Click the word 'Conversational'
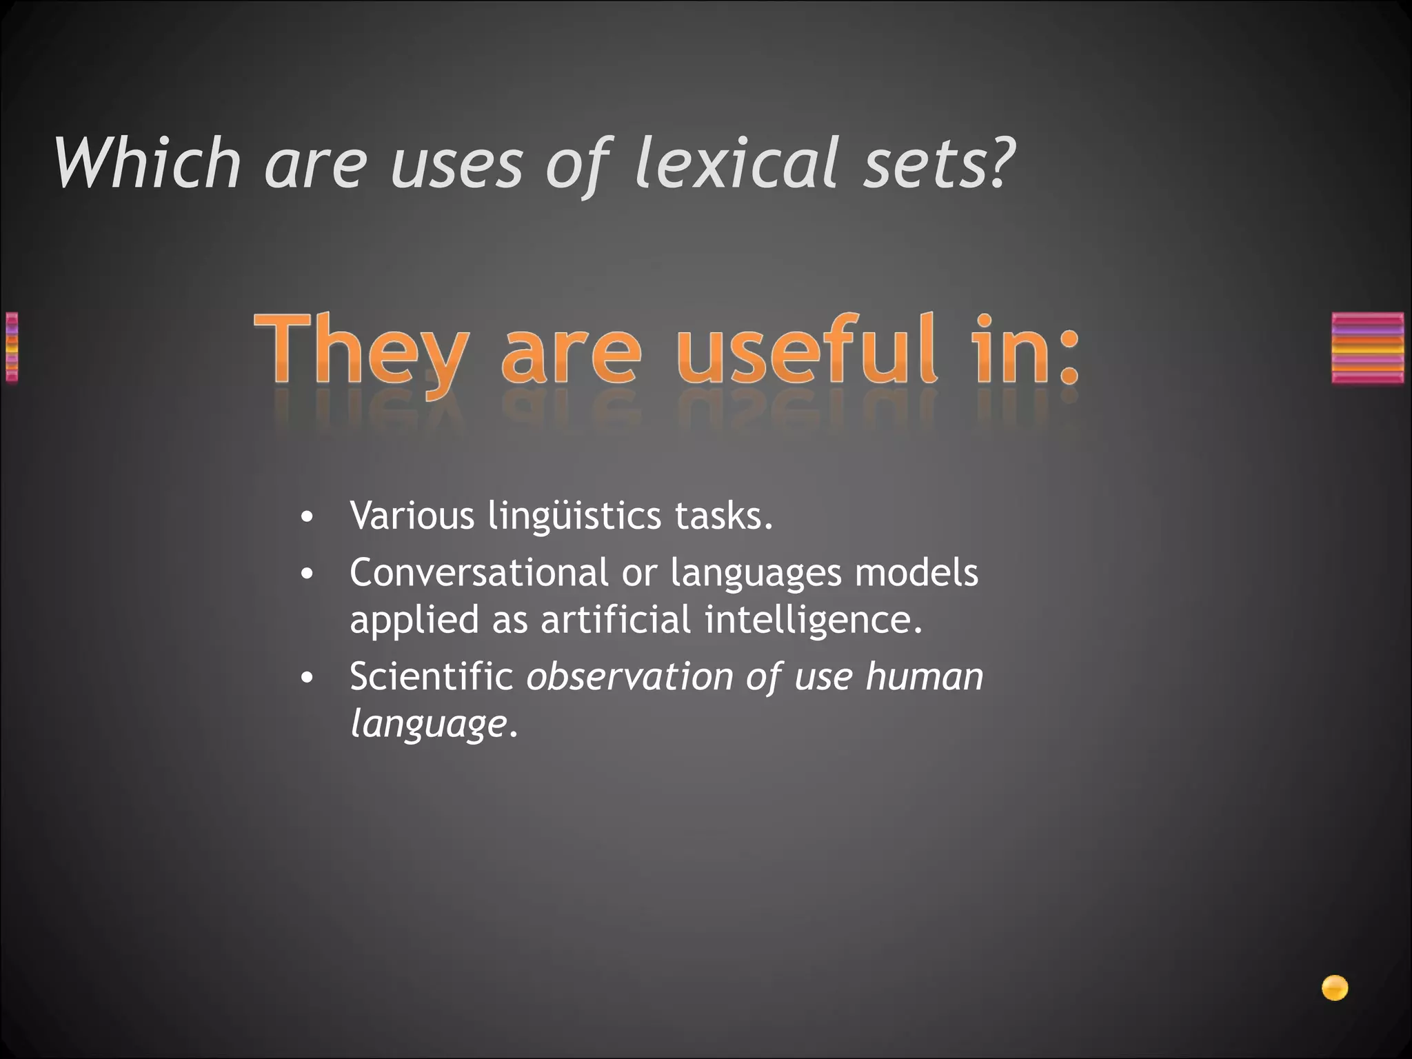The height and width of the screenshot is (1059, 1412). coord(479,572)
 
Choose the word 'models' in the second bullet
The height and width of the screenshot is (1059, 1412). coord(916,572)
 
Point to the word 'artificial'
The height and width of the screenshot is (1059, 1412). coord(615,619)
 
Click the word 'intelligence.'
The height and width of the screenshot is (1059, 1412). coord(814,619)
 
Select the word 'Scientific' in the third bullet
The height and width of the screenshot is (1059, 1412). coord(432,676)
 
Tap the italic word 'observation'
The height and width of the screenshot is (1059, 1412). coord(629,676)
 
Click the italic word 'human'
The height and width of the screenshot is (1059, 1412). coord(925,676)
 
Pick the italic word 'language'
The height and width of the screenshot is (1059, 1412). coord(428,724)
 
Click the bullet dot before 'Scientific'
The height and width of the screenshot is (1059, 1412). coord(307,678)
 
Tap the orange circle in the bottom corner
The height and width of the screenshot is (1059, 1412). coord(1335,988)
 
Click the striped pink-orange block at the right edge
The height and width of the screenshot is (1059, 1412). coord(1367,347)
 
